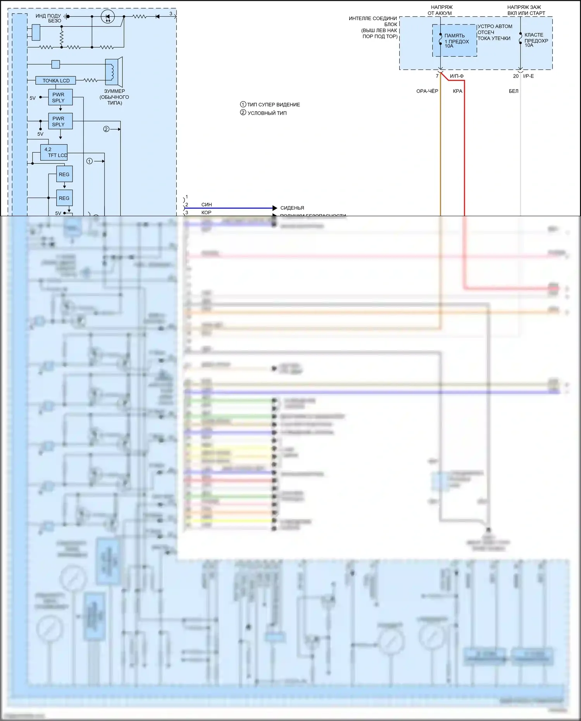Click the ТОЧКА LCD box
click(x=56, y=81)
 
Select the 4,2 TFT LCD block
click(x=54, y=152)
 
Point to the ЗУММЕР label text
click(x=114, y=91)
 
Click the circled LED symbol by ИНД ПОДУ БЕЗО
click(x=107, y=17)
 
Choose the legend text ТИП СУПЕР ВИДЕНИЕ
click(x=273, y=105)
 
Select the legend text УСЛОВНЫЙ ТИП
click(x=267, y=113)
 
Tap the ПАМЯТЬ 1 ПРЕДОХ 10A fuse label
click(x=456, y=41)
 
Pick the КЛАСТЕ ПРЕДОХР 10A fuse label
click(x=536, y=40)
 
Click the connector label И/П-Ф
click(x=457, y=76)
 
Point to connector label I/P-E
click(x=528, y=76)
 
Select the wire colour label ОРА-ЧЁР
click(x=427, y=91)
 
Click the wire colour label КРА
click(x=457, y=91)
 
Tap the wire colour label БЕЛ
click(x=513, y=91)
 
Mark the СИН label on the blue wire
click(x=207, y=205)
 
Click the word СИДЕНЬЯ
click(x=292, y=208)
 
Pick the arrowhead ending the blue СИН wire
click(x=275, y=208)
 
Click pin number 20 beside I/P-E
click(x=515, y=76)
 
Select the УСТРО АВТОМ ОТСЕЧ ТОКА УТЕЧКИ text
click(x=495, y=33)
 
